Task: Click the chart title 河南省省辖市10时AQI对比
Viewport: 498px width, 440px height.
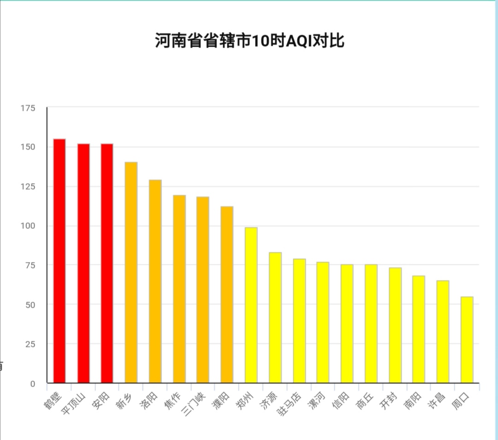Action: tap(249, 41)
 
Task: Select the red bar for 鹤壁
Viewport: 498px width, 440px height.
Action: tap(59, 261)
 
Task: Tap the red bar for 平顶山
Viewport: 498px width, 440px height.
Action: tap(83, 263)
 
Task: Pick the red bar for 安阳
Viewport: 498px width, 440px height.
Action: tap(107, 263)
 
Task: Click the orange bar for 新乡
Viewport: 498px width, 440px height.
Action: tap(131, 272)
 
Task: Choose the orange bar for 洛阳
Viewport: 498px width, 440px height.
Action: tap(155, 281)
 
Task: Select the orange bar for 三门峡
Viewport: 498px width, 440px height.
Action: tap(203, 290)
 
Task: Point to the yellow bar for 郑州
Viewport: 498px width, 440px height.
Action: tap(251, 305)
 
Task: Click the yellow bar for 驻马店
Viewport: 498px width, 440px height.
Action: tap(299, 321)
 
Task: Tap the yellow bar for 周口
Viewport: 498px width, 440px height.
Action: tap(467, 339)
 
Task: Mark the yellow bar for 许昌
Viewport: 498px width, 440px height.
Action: tap(443, 332)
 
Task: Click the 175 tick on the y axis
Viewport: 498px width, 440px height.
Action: tap(28, 108)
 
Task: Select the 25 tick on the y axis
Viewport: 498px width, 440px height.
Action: tap(30, 344)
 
